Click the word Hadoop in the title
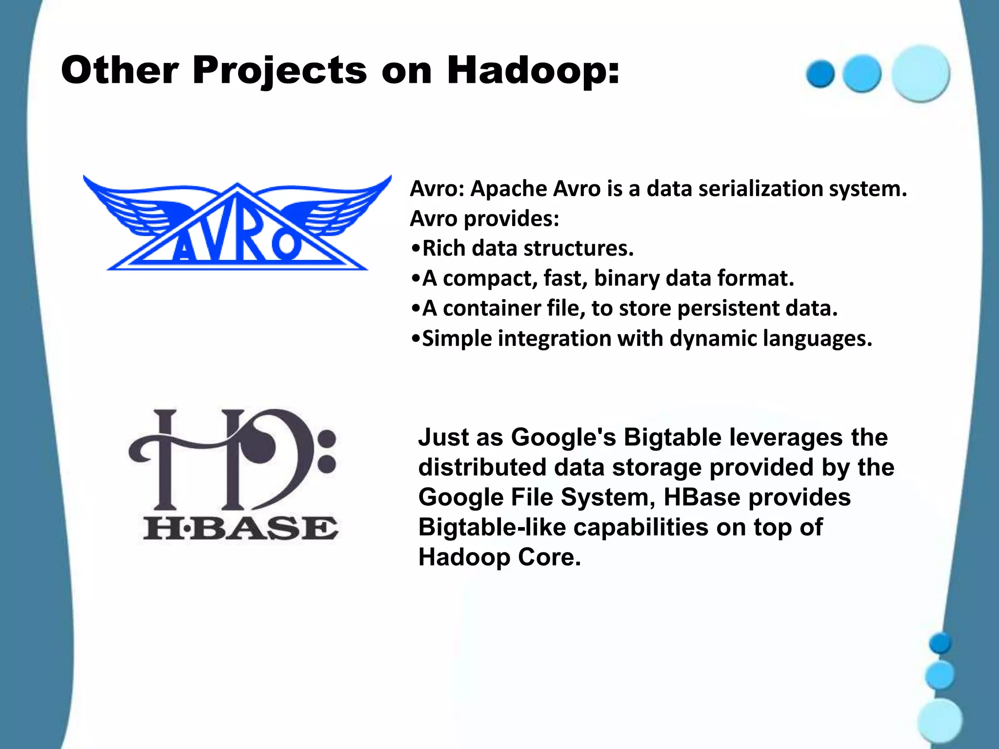533,70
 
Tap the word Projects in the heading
279,71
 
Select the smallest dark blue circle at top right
820,74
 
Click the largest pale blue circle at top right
920,73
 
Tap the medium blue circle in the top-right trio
862,74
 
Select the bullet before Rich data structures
415,249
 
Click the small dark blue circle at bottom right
940,643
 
